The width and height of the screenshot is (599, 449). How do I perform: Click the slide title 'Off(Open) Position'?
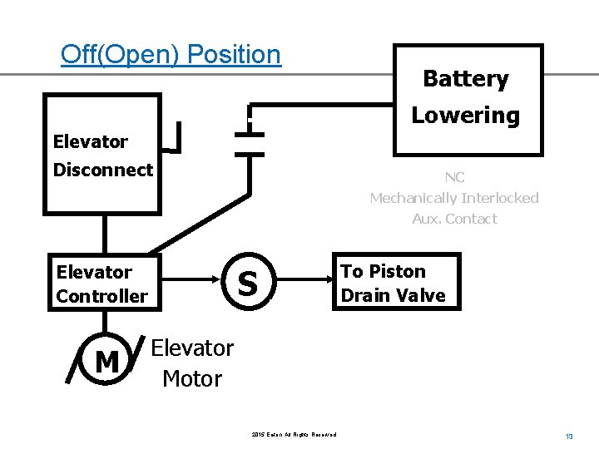tap(171, 55)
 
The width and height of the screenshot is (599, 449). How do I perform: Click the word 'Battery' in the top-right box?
tap(465, 79)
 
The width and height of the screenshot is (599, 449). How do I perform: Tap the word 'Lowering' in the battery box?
tap(465, 116)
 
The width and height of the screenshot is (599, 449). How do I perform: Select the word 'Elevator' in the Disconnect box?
tap(90, 141)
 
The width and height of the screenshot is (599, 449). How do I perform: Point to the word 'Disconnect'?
tap(103, 170)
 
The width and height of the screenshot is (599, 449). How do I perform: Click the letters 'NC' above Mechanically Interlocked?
tap(454, 177)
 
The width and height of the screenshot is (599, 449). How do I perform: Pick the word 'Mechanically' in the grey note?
tap(411, 198)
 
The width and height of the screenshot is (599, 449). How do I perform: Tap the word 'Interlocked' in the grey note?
tap(498, 198)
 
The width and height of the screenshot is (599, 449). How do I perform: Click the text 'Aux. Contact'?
tap(454, 219)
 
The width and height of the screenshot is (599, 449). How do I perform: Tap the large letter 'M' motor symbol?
tap(106, 362)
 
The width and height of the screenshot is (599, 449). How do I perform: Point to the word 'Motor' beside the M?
tap(192, 379)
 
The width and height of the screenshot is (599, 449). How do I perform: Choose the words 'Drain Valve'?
tap(393, 295)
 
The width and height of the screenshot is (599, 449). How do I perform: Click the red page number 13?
tap(569, 437)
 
